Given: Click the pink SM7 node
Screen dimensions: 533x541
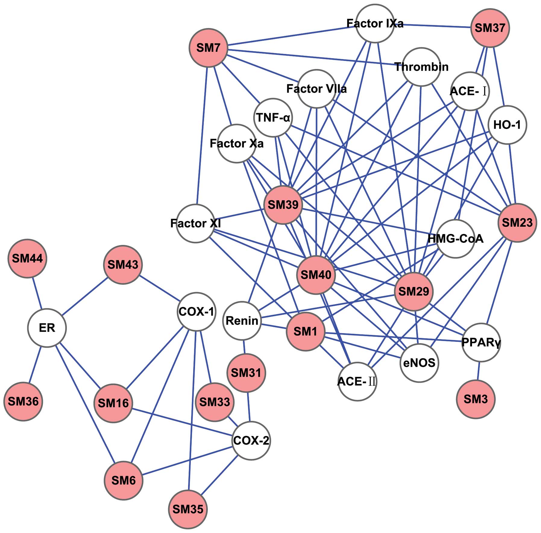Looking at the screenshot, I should coord(208,48).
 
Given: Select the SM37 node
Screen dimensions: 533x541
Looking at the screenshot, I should coord(490,28).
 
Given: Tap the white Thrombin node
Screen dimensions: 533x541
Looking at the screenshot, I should coord(421,67).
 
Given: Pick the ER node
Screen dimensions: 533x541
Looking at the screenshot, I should coord(47,328).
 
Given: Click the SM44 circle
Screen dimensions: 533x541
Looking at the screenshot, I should coord(27,258).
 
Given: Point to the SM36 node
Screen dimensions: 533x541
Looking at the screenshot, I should coord(23,401).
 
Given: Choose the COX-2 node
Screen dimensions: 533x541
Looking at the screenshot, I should coord(251,441).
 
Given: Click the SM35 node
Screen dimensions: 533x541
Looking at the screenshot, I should coord(188,509).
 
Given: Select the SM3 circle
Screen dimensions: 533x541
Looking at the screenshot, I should coord(476,399).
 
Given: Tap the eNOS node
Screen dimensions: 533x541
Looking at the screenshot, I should coord(419,363).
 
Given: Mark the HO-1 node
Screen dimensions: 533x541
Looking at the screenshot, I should coord(507,125).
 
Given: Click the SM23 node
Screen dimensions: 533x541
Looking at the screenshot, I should coord(517,223).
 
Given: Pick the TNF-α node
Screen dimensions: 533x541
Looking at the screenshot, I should coord(273,117).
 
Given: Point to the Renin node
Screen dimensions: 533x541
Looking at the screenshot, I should coord(242,320).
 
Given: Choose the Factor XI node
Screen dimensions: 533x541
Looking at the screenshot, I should coord(196,223).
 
